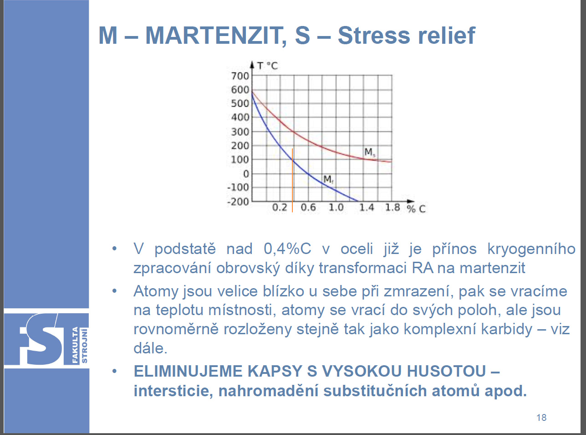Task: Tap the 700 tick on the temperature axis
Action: point(240,76)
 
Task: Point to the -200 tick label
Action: point(238,202)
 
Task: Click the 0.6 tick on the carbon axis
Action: point(308,207)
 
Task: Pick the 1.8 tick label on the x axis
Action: point(392,207)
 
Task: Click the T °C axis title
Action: point(267,66)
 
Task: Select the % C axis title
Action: point(416,209)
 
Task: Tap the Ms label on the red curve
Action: point(370,152)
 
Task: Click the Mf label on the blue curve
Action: point(328,179)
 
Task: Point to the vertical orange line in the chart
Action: point(292,180)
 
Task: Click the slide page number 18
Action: point(541,418)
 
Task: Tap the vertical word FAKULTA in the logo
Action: point(75,345)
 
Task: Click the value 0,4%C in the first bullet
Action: point(287,249)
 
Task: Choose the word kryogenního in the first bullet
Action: point(531,249)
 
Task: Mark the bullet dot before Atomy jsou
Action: point(114,291)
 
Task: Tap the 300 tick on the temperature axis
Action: point(240,131)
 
